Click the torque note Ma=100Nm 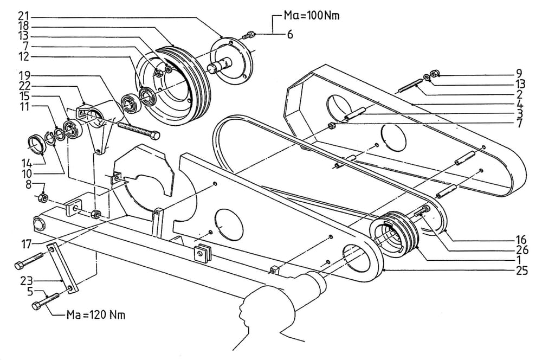point(312,16)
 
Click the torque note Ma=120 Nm point(96,314)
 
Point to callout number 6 point(290,34)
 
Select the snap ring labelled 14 point(36,145)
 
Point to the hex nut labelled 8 point(42,198)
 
